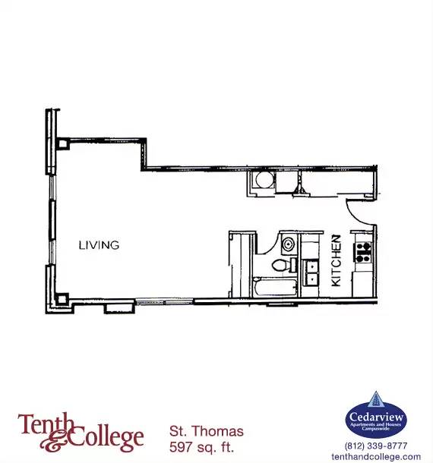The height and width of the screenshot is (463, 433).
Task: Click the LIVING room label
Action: [99, 245]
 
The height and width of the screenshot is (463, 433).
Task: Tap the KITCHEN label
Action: [336, 260]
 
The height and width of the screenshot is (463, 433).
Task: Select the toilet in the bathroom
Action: [282, 265]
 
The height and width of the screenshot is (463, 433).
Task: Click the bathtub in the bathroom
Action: [275, 287]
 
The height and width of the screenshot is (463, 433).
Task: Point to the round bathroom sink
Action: [289, 244]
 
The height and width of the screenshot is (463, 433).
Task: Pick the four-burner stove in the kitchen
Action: [363, 252]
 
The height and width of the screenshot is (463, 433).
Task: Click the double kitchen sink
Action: [311, 272]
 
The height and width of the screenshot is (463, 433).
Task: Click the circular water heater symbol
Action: [264, 180]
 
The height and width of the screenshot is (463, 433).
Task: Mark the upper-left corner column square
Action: [62, 144]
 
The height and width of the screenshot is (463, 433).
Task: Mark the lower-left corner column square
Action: [62, 299]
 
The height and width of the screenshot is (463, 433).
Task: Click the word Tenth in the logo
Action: [45, 424]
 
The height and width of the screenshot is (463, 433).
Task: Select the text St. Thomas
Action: [207, 431]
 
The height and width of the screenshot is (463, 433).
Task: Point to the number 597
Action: [180, 447]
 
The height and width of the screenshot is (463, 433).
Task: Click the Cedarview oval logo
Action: [376, 420]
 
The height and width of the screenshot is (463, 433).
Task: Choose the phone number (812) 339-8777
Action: [376, 446]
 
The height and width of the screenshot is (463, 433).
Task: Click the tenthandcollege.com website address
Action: [376, 456]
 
